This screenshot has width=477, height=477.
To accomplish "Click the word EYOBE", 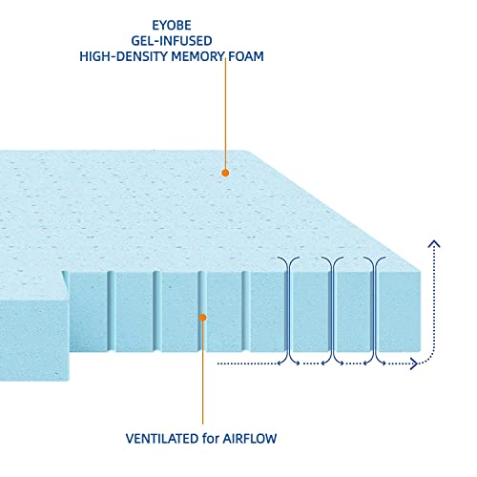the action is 172,26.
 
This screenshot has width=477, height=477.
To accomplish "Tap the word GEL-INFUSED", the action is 172,41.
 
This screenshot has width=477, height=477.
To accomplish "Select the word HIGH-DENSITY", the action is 123,56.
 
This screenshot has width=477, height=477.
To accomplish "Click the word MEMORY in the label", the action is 197,56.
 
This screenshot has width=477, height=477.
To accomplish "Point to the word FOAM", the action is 246,56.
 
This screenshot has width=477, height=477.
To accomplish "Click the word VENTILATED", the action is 162,439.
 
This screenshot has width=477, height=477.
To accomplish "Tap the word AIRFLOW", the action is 250,439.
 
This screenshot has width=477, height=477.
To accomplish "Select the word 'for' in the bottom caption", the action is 211,439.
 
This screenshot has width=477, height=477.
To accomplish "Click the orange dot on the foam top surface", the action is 225,173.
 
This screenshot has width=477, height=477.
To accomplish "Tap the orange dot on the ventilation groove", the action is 202,318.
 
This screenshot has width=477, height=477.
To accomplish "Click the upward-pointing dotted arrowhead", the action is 434,244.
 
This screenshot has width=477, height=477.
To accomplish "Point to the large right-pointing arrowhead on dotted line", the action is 414,363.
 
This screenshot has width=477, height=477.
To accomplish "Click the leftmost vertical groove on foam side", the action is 112,311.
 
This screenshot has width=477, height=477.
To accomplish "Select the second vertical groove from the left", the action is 157,311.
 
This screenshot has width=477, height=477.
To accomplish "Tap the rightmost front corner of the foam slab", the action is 421,352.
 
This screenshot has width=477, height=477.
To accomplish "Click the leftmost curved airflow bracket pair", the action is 289,311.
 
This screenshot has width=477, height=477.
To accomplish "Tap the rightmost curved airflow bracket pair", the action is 375,311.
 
